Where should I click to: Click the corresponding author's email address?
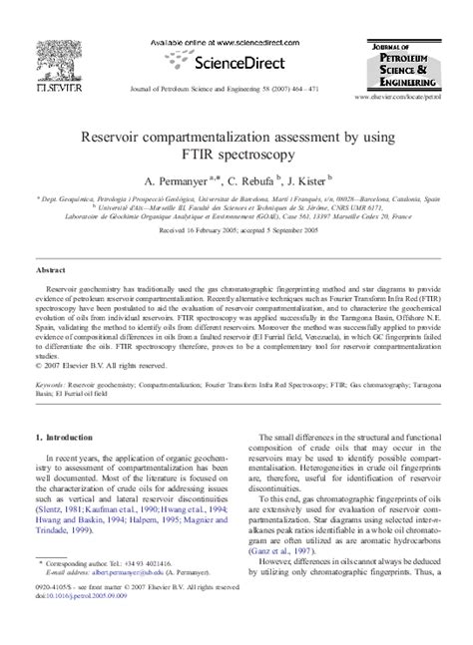pos(125,600)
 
